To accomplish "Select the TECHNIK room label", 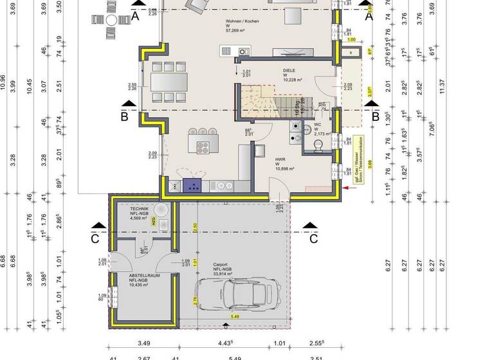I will (139, 210).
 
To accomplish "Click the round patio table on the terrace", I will (111, 20).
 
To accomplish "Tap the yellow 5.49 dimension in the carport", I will (235, 317).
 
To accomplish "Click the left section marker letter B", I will (125, 118).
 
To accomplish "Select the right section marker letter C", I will (313, 239).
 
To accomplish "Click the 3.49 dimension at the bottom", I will (145, 344).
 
